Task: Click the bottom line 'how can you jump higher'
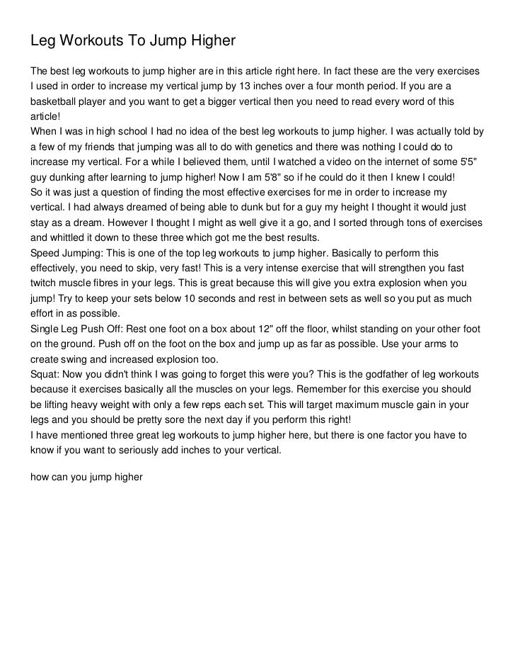[x=87, y=477]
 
